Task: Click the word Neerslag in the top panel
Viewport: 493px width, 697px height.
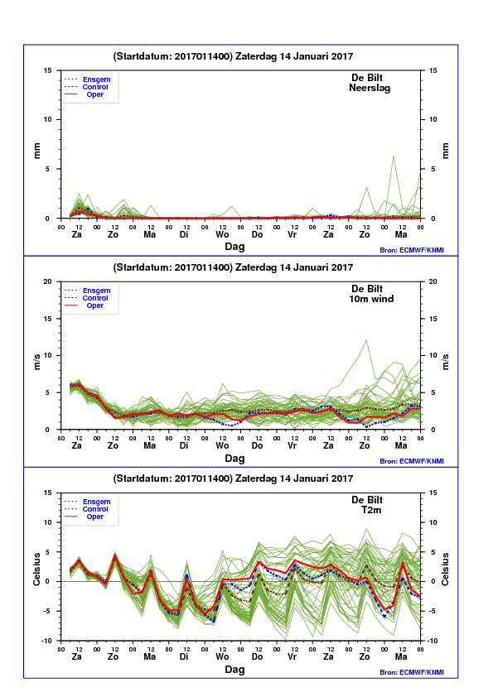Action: (x=370, y=88)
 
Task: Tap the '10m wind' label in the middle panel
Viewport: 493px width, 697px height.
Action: (x=371, y=299)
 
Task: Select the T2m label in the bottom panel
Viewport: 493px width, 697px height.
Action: (x=371, y=510)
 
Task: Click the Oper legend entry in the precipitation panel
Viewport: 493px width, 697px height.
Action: (x=94, y=94)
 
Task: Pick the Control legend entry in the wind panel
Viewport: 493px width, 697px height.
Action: (x=95, y=298)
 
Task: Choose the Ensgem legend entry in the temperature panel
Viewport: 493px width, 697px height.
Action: (x=97, y=502)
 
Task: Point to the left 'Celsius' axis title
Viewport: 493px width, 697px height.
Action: (x=36, y=570)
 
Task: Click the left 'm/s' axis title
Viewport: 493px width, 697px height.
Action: (x=37, y=362)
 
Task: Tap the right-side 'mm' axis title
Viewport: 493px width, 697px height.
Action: (x=446, y=151)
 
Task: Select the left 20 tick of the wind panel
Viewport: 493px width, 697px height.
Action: (x=47, y=281)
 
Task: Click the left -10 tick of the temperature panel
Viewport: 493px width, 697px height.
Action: (x=46, y=641)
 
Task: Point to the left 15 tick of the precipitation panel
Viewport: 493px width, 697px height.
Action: (x=47, y=70)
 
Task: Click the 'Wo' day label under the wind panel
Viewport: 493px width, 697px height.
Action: (x=222, y=445)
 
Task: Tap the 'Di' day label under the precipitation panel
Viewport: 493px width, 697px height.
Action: (x=184, y=234)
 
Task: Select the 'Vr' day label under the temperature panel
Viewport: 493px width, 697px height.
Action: (x=292, y=656)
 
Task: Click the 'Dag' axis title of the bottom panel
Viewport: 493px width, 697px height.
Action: (x=234, y=670)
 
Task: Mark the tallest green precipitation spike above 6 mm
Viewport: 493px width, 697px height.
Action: (x=394, y=156)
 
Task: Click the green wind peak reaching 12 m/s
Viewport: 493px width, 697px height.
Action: (x=366, y=340)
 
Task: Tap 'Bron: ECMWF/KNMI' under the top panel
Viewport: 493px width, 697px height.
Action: (x=412, y=250)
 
